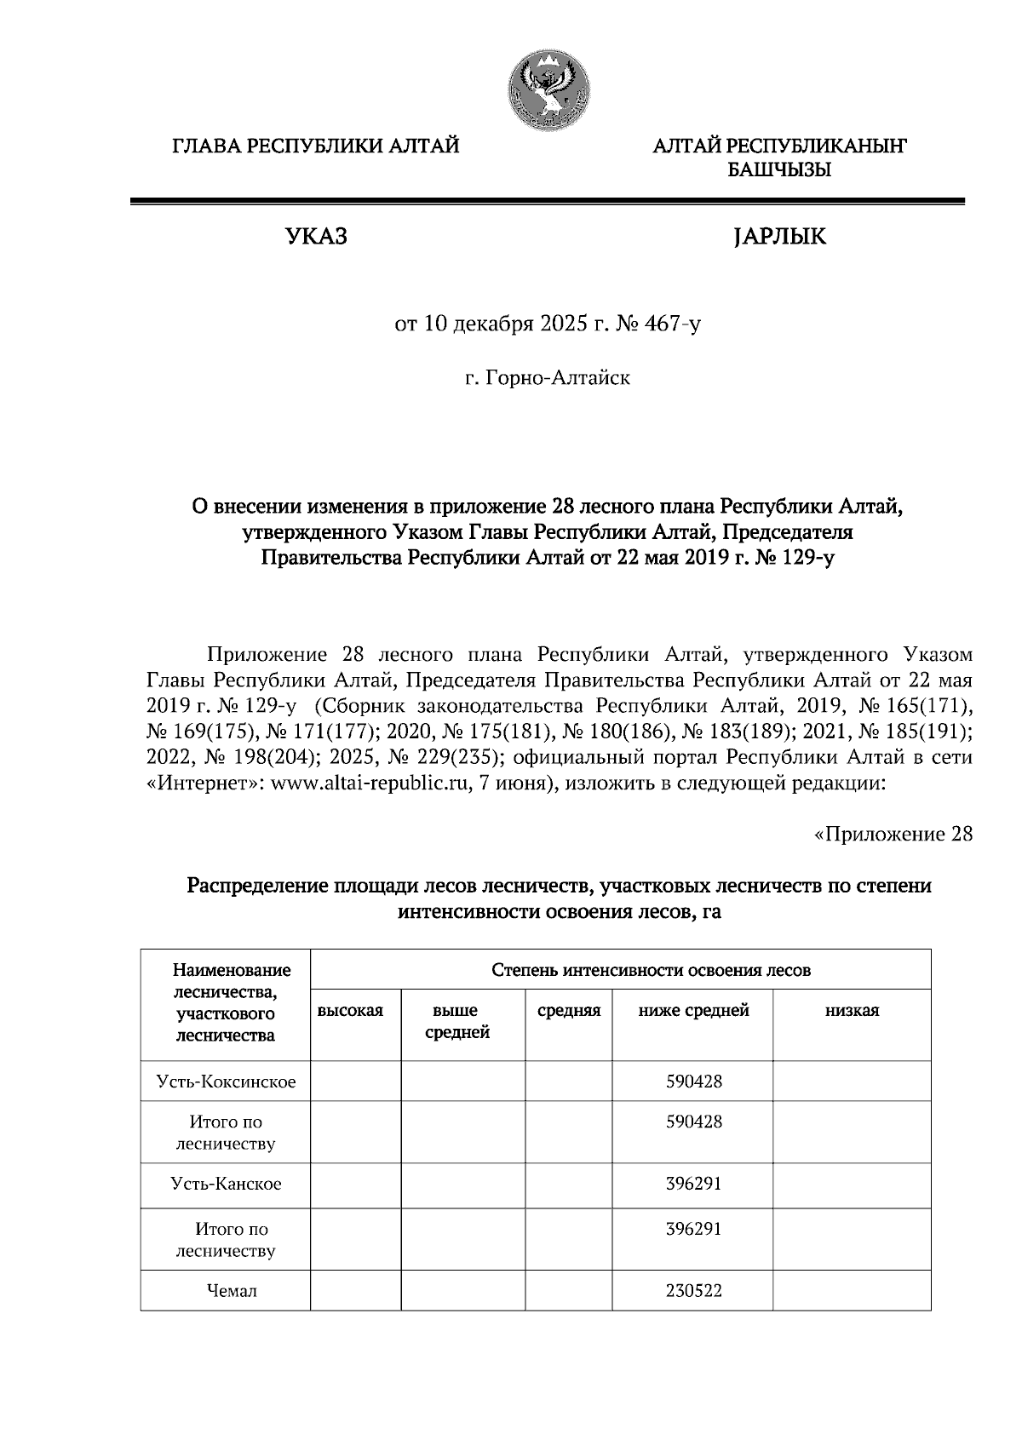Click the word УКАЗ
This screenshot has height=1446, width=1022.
pos(316,237)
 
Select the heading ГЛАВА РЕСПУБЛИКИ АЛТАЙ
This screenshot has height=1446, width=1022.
pos(316,146)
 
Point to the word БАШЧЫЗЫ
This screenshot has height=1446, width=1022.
pos(778,170)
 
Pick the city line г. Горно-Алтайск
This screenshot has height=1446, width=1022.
pos(547,377)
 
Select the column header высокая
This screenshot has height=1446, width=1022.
pos(350,1011)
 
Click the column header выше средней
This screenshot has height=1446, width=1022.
pos(456,1021)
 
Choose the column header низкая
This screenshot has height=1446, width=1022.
pos(852,1011)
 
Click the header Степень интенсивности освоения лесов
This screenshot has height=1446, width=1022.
pos(651,970)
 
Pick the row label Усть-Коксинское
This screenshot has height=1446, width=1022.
pos(226,1082)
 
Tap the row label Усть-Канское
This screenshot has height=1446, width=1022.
pos(226,1184)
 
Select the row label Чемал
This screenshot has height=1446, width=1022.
pos(231,1291)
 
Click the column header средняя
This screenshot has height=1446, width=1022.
pos(569,1011)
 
